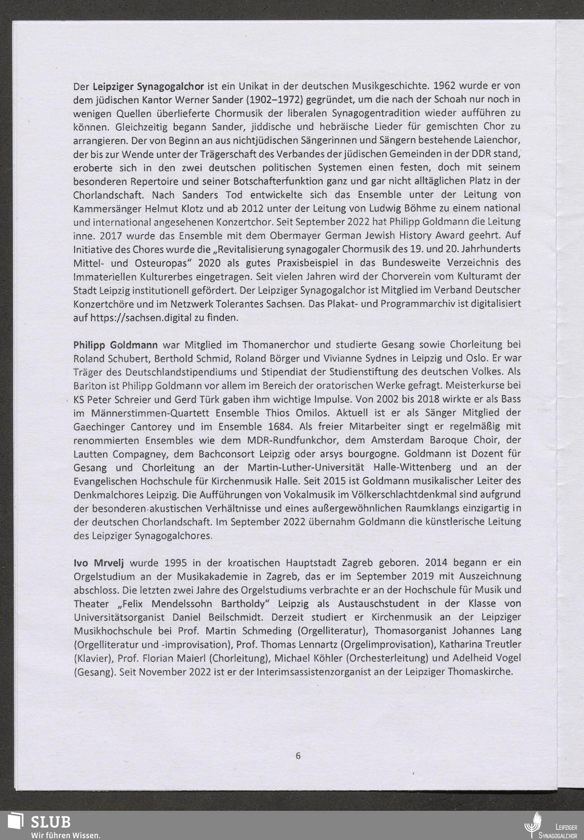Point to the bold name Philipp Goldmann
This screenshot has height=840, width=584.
(116, 345)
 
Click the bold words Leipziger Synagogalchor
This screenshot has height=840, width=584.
(148, 87)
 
